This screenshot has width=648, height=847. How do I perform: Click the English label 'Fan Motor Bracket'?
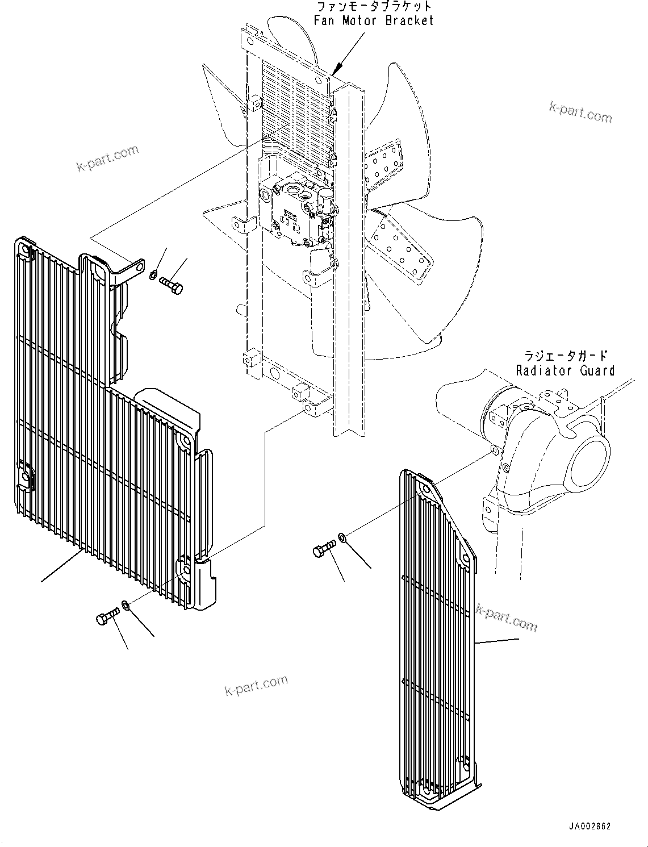coord(373,21)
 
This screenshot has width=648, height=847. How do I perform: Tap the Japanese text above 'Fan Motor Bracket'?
coord(373,7)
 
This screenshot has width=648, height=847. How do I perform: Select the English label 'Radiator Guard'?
coord(565,371)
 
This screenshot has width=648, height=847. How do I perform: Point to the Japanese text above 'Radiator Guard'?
coord(565,356)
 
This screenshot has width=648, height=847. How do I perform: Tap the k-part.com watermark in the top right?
coord(580,112)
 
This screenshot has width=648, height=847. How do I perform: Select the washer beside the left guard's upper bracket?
coord(153,276)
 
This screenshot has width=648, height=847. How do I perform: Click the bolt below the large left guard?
coord(108,616)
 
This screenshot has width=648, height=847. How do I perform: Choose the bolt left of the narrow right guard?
coord(324,549)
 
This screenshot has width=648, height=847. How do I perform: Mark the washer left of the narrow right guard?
coord(342,536)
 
